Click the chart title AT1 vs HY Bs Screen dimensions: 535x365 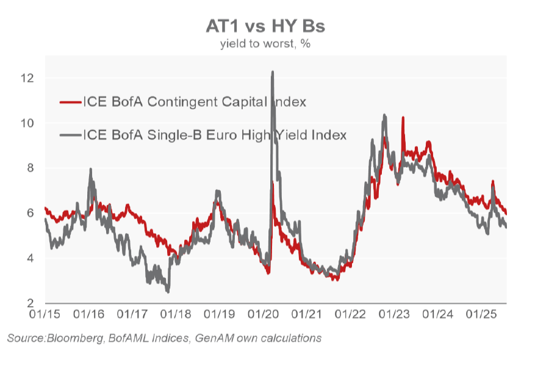[265, 26]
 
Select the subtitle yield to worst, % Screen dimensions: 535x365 [265, 44]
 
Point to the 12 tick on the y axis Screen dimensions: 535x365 [27, 78]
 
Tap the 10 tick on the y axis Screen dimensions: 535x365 [27, 123]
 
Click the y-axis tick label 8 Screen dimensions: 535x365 [31, 168]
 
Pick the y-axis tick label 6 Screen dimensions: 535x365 [31, 213]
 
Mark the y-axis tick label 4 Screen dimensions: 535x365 [31, 258]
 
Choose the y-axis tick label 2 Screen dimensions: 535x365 [31, 303]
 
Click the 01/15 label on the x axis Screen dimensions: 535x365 [45, 314]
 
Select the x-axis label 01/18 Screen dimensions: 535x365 [176, 314]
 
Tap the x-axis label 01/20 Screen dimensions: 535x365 [263, 314]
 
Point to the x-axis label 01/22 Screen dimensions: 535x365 [350, 314]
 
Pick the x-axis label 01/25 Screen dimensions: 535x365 [481, 314]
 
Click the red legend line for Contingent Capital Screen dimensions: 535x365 [71, 102]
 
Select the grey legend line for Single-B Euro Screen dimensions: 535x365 [71, 136]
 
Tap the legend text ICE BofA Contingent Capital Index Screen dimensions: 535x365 [195, 102]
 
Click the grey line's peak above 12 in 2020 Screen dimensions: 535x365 [272, 71]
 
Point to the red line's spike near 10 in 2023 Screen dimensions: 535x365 [403, 117]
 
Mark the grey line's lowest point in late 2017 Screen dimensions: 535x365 [168, 292]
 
